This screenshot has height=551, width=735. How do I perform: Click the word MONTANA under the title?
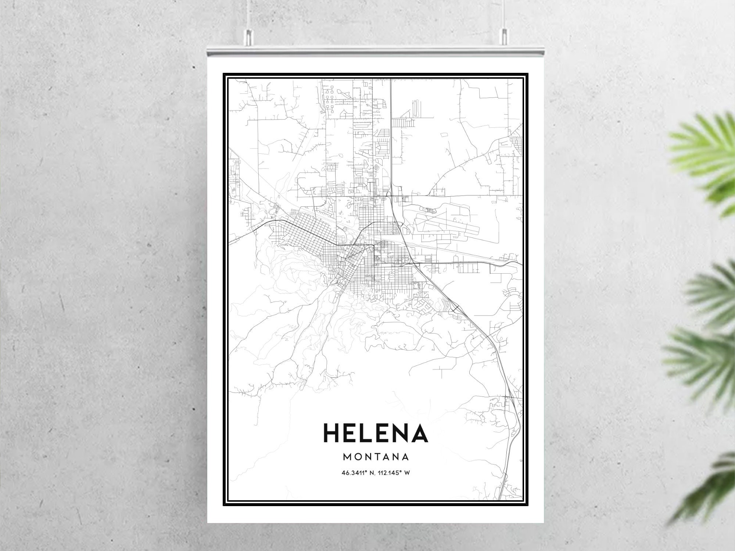pyautogui.click(x=376, y=457)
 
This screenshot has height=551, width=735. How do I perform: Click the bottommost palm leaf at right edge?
pyautogui.click(x=713, y=489)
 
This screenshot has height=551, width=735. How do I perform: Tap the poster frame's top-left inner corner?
pyautogui.click(x=229, y=78)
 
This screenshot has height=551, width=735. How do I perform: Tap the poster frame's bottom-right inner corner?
pyautogui.click(x=523, y=500)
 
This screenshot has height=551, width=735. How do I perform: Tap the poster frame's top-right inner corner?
pyautogui.click(x=523, y=78)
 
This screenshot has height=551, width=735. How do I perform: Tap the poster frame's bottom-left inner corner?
pyautogui.click(x=229, y=500)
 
